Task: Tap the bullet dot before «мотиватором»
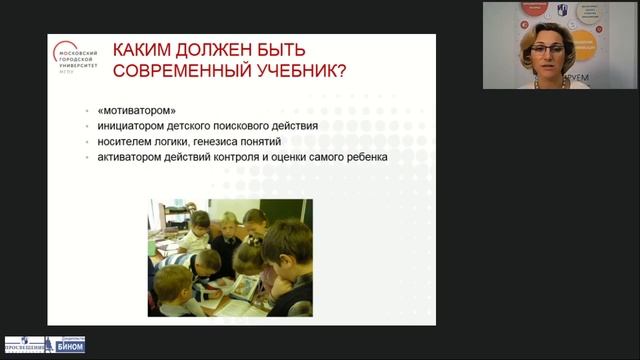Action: tap(89, 110)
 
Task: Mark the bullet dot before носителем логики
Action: tap(89, 142)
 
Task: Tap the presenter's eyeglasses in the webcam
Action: tap(545, 39)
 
